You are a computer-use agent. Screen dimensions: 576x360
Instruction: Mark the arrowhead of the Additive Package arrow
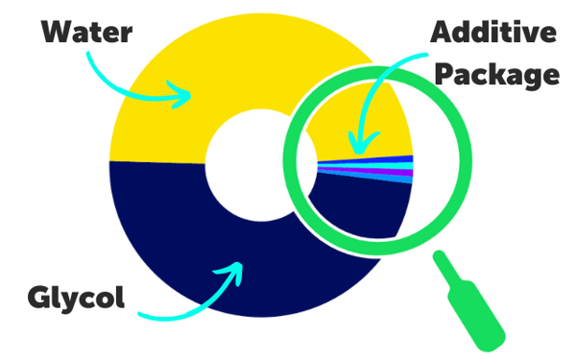click(356, 148)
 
